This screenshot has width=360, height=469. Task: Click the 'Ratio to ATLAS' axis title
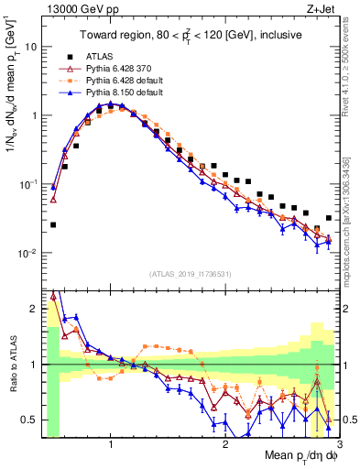[13, 364]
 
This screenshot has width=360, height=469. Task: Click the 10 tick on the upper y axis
[29, 46]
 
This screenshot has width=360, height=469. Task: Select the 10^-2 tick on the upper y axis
[27, 254]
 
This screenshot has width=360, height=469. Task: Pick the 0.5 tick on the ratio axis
[29, 420]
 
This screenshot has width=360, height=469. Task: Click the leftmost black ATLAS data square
[53, 224]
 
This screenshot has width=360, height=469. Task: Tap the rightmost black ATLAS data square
[328, 218]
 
